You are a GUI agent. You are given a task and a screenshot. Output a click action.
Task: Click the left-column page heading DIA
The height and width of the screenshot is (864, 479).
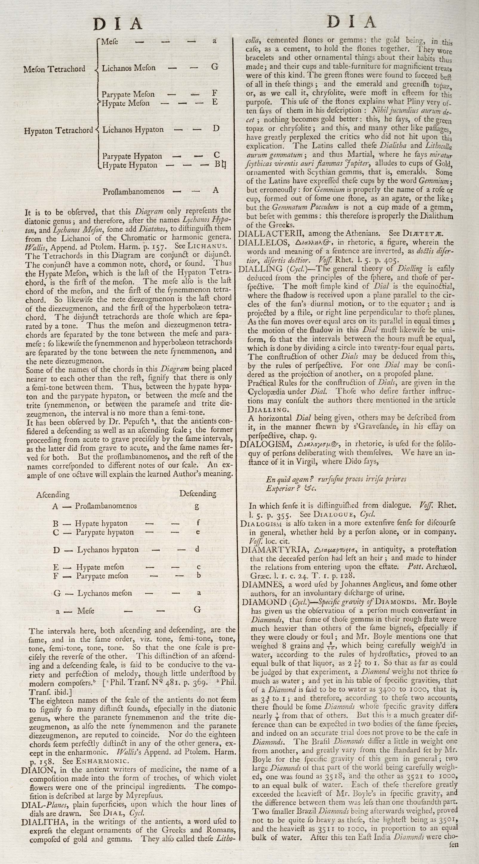[x=118, y=24]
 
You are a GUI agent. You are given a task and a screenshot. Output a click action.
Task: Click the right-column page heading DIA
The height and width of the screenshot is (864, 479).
[x=351, y=22]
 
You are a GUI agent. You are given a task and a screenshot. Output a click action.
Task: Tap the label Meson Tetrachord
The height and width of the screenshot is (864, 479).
[x=54, y=69]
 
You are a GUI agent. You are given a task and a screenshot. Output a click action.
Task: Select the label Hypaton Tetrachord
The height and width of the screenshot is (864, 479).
[x=58, y=130]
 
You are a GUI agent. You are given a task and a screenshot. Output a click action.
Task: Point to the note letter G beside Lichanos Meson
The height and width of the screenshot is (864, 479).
[x=215, y=67]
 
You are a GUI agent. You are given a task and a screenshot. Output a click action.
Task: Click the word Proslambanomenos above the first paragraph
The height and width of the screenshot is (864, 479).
[x=133, y=191]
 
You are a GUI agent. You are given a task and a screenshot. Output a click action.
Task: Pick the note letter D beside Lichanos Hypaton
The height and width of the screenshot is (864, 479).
[x=216, y=128]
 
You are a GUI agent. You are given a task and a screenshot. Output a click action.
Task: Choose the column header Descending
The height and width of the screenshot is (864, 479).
[x=198, y=493]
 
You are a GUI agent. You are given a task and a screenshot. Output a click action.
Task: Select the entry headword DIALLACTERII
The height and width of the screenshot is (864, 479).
[x=271, y=233]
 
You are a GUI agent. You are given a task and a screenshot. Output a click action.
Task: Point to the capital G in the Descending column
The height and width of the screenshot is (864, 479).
[x=198, y=609]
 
